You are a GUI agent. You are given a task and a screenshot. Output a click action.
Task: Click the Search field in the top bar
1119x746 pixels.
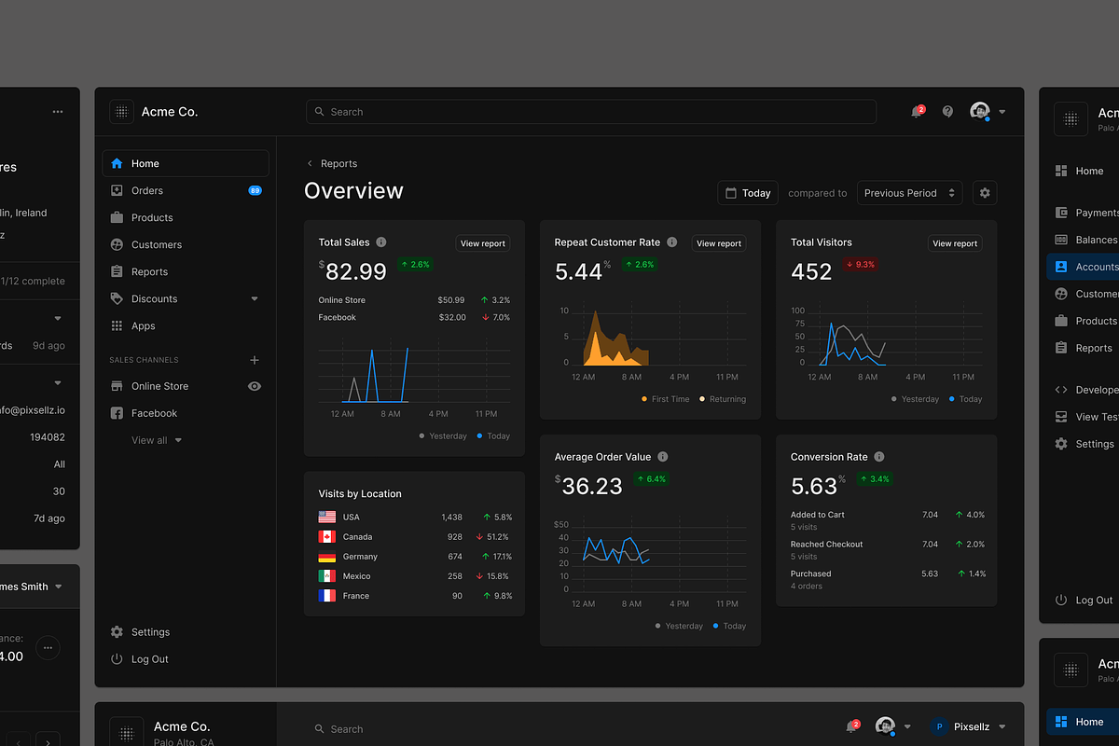pyautogui.click(x=590, y=112)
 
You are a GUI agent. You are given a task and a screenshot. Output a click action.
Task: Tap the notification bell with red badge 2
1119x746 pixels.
pyautogui.click(x=917, y=112)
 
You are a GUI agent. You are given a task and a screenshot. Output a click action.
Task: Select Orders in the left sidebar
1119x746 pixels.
pyautogui.click(x=147, y=190)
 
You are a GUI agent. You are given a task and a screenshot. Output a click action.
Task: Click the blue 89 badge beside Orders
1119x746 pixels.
pyautogui.click(x=255, y=190)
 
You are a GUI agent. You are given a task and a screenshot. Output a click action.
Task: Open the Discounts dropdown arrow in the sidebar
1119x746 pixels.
pyautogui.click(x=255, y=299)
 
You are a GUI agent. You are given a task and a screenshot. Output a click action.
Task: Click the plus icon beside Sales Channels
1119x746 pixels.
pyautogui.click(x=255, y=360)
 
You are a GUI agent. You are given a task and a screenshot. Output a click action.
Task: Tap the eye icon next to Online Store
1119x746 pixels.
pyautogui.click(x=255, y=386)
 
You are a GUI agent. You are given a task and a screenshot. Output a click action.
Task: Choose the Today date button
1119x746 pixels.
pyautogui.click(x=747, y=193)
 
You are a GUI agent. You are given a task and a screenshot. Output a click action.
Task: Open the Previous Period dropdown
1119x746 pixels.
pyautogui.click(x=909, y=193)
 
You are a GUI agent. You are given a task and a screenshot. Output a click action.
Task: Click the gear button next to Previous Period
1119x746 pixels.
pyautogui.click(x=985, y=193)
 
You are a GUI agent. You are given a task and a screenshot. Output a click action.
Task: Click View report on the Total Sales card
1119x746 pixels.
pyautogui.click(x=482, y=243)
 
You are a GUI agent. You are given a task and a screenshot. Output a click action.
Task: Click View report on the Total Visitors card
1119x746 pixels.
pyautogui.click(x=955, y=243)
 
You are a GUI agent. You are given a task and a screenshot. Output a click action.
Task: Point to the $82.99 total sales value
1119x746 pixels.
pyautogui.click(x=354, y=271)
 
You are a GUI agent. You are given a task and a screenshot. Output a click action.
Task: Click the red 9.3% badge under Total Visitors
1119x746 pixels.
pyautogui.click(x=859, y=265)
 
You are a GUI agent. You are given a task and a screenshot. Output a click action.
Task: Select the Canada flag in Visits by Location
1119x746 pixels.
pyautogui.click(x=326, y=537)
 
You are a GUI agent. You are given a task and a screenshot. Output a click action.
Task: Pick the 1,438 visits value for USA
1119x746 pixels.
pyautogui.click(x=451, y=517)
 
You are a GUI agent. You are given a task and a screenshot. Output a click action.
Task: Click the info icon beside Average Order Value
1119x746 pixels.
pyautogui.click(x=663, y=457)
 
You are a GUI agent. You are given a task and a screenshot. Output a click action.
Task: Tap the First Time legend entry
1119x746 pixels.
pyautogui.click(x=666, y=399)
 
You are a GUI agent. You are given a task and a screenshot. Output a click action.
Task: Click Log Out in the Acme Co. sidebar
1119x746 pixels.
pyautogui.click(x=149, y=659)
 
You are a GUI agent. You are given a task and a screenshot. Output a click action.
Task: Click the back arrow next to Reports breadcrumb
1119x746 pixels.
pyautogui.click(x=310, y=164)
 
